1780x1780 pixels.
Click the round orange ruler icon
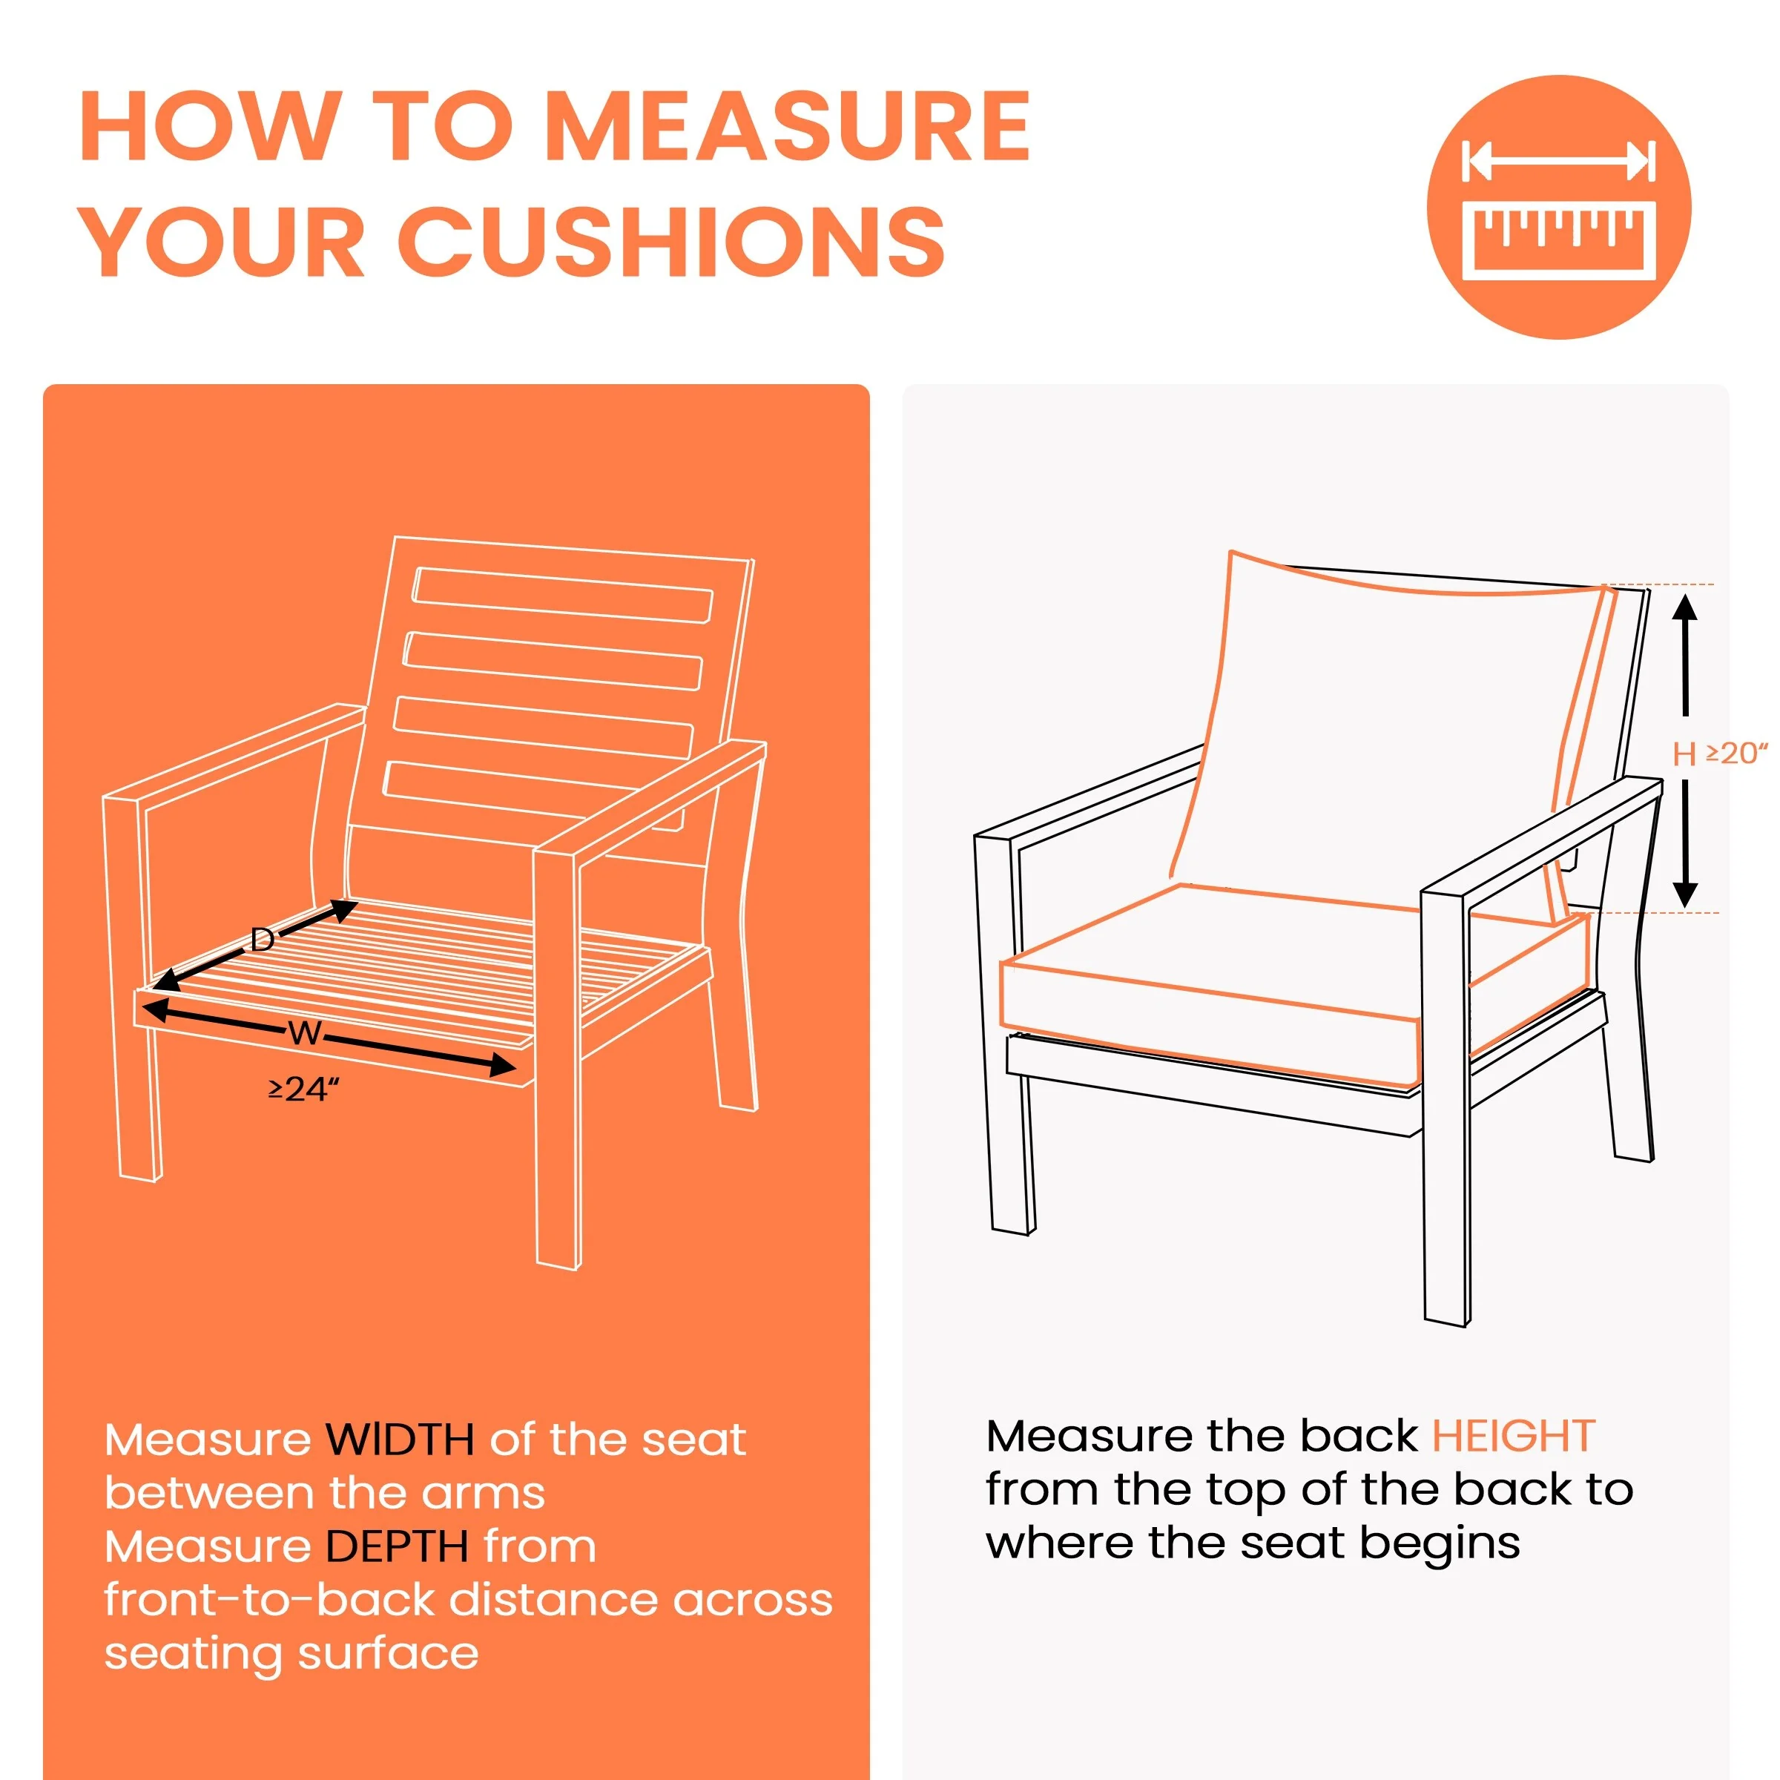point(1559,208)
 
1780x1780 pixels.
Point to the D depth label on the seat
point(263,940)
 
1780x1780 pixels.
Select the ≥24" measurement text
point(304,1090)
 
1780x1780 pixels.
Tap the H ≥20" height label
point(1720,754)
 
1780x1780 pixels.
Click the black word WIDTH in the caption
point(400,1439)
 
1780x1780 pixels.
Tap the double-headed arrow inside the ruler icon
point(1559,161)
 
